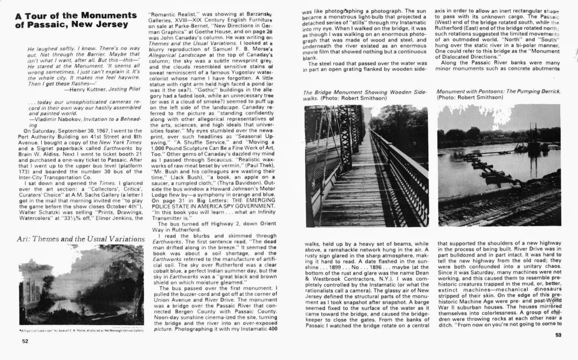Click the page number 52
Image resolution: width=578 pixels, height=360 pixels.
(x=25, y=341)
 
